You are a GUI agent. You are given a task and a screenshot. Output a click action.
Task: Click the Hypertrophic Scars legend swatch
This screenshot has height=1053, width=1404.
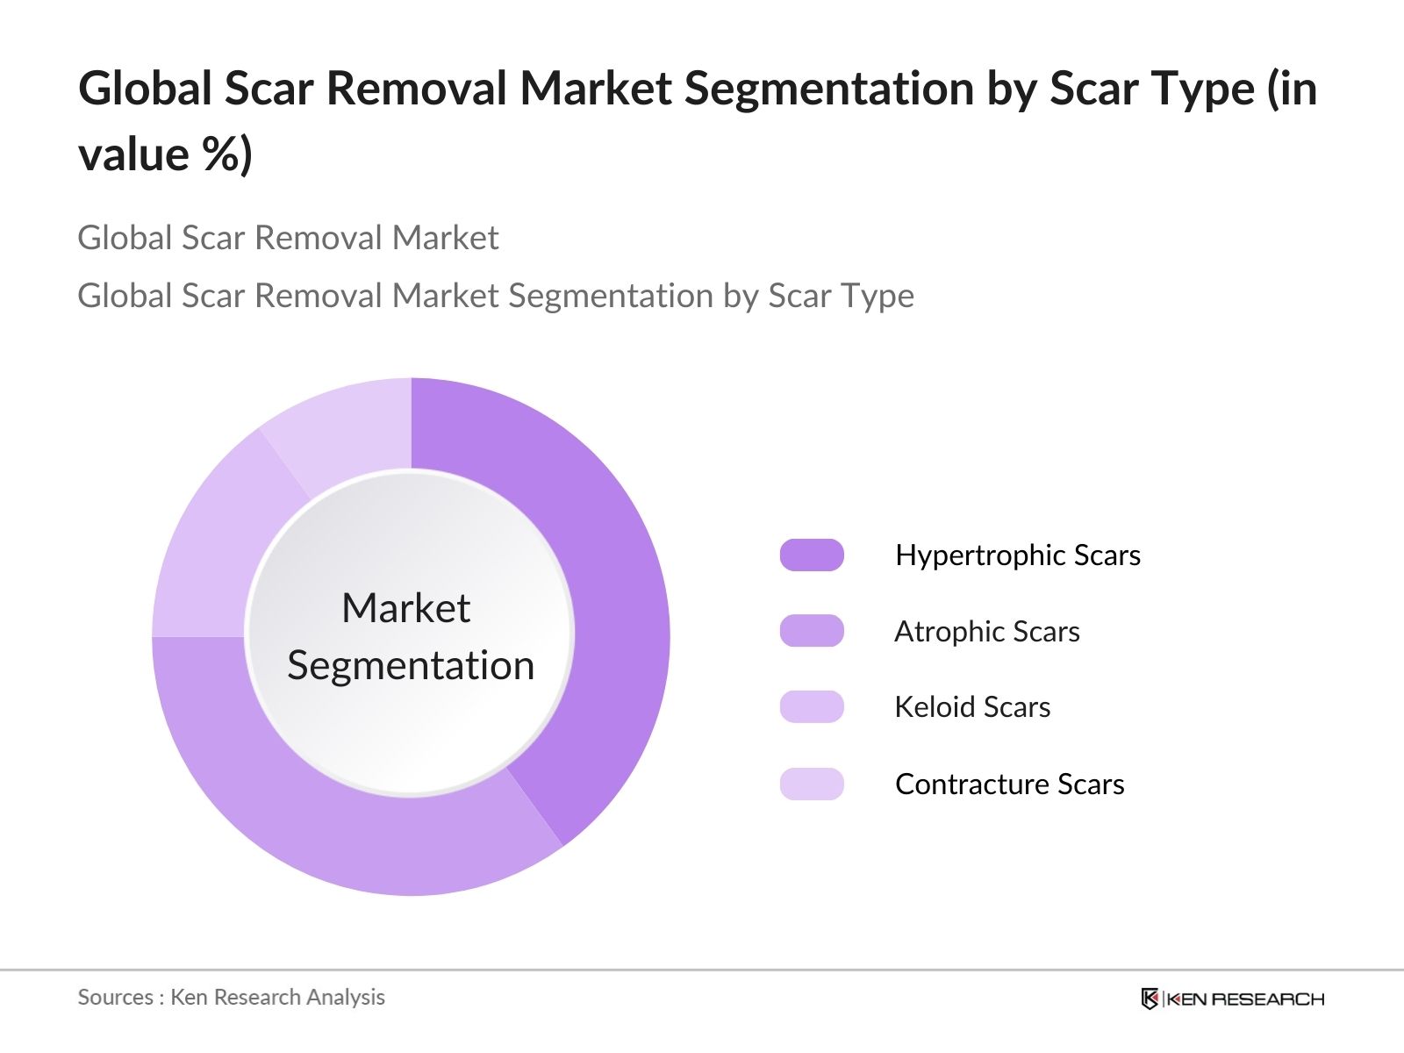pos(812,555)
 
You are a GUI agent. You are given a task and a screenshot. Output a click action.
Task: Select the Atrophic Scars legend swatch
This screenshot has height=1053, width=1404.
pos(812,630)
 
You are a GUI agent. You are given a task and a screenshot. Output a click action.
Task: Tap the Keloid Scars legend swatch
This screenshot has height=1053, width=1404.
pos(812,706)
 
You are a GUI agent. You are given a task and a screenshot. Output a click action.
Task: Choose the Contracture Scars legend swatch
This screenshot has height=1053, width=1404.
pos(812,784)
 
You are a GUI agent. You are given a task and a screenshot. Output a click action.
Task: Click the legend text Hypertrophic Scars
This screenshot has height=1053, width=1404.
pos(1018,555)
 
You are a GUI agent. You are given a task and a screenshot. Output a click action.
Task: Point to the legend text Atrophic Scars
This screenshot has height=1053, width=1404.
pos(987,631)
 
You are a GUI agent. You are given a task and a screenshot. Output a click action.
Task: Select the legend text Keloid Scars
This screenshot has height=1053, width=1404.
pos(972,706)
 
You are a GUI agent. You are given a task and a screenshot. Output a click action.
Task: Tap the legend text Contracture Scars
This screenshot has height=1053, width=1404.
pos(1009,784)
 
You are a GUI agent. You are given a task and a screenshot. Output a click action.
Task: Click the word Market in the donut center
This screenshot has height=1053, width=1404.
pos(406,607)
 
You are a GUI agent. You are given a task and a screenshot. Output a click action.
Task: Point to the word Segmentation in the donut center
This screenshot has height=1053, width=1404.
pos(411,666)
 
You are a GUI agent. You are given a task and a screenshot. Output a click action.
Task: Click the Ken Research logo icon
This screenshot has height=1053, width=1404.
pos(1150,999)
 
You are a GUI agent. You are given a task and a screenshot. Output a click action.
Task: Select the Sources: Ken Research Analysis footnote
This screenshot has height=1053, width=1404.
pos(231,997)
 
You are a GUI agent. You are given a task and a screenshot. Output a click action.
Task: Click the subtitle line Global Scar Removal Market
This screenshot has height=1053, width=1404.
pos(288,238)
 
